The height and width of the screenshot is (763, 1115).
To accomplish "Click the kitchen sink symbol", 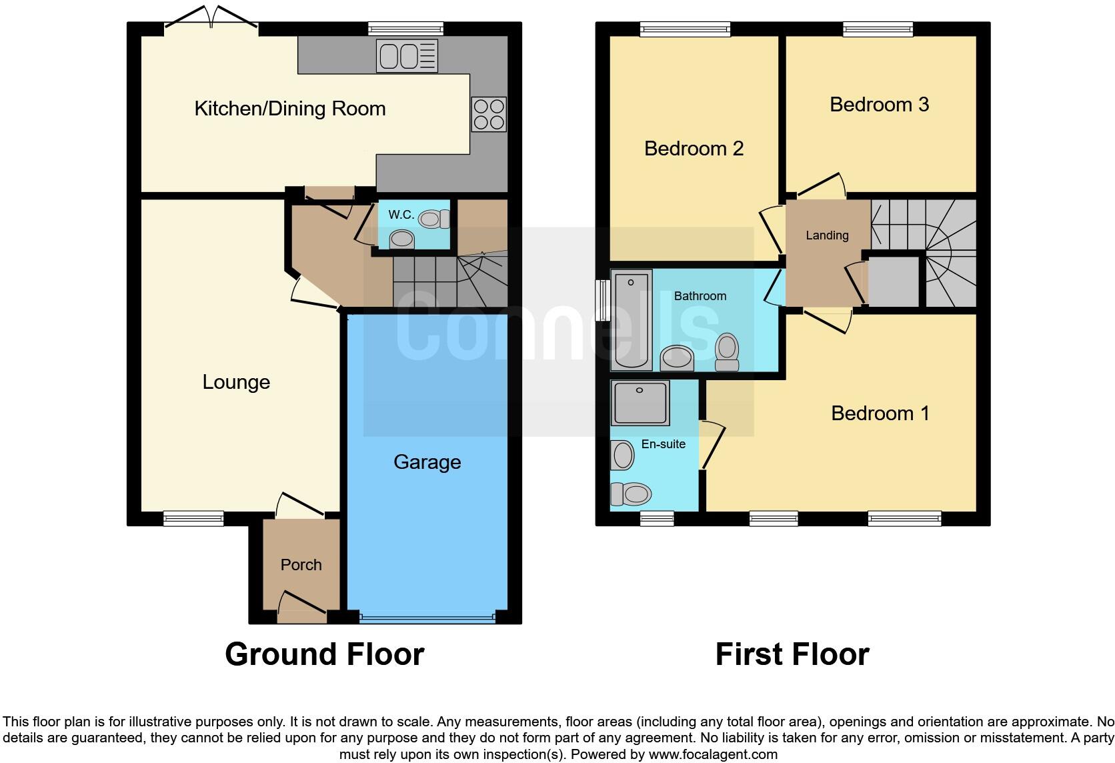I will tap(407, 55).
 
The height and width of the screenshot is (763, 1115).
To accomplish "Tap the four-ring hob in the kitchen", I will tap(489, 114).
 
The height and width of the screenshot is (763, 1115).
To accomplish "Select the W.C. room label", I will tap(401, 215).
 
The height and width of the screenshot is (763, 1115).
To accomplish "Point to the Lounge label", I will tap(236, 382).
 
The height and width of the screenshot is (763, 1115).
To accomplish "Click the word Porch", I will tap(301, 565).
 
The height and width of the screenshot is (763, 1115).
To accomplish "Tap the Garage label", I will tap(427, 462).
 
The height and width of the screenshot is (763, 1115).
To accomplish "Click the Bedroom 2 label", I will tap(694, 149).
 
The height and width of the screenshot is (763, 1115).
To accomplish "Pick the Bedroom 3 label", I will tap(879, 105).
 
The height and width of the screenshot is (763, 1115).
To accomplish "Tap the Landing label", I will tap(827, 235).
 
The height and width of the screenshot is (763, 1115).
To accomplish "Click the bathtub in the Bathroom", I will tap(631, 319).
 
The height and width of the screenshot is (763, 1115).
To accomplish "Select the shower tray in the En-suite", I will tap(640, 403).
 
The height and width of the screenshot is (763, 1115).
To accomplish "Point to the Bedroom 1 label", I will tap(880, 414).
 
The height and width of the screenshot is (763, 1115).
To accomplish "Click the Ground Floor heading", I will tap(325, 654).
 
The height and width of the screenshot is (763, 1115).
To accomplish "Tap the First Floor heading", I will tap(792, 654).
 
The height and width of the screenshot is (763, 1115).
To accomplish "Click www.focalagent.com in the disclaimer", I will tap(713, 755).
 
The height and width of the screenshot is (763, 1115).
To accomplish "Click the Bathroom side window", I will tap(603, 300).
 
